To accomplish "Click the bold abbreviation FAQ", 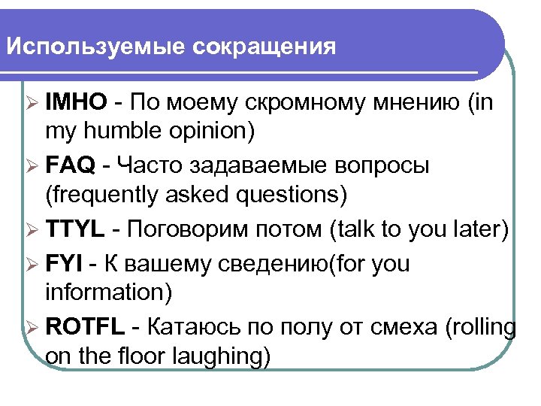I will click(71, 165).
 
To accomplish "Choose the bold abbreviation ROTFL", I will click(84, 327).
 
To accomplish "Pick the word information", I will click(108, 293).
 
